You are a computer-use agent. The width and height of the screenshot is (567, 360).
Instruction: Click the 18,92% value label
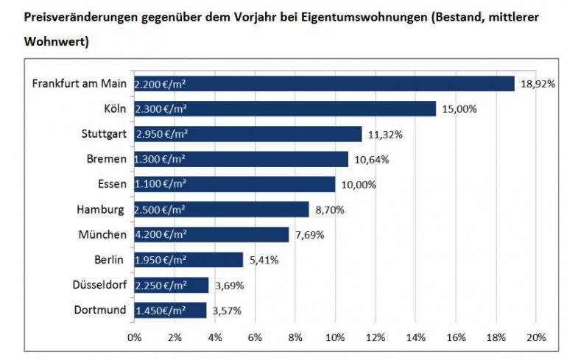point(538,84)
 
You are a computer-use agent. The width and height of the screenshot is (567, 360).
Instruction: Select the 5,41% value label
point(265,260)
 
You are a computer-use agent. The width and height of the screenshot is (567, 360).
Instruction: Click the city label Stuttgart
point(102,134)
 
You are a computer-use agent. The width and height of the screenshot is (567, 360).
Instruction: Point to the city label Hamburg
point(100,210)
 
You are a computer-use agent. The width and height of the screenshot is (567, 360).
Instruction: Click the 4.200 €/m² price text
point(161,235)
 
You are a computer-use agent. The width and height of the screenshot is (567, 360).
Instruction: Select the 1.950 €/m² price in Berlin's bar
point(161,260)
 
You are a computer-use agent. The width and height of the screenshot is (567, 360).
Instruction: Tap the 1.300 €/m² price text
point(161,159)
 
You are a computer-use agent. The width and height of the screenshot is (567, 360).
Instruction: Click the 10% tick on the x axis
point(335,337)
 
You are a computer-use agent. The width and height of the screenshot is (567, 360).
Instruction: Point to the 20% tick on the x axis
point(535,337)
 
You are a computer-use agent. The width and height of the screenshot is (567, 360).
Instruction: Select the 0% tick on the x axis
point(134,337)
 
